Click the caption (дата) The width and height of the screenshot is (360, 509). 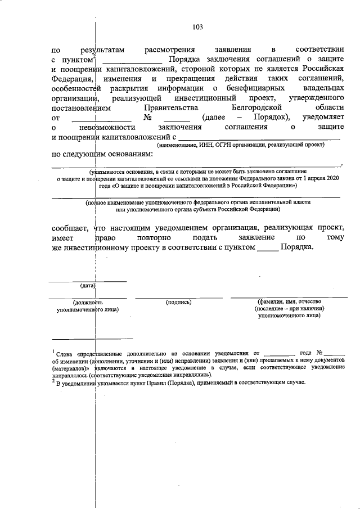(87, 286)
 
